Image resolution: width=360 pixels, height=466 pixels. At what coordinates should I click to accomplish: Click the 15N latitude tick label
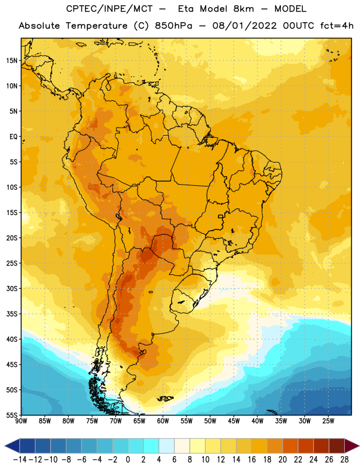coord(12,61)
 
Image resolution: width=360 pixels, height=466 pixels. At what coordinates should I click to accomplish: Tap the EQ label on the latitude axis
coord(13,137)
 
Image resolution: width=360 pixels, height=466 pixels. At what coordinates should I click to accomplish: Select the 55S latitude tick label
coord(12,415)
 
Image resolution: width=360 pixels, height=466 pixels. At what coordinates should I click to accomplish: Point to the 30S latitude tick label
coord(12,288)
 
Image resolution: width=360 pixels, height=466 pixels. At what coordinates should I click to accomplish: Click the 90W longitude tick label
coord(21,421)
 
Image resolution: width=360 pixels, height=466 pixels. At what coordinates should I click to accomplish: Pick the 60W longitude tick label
coord(163,421)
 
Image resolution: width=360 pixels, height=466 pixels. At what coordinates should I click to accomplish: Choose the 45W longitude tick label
coord(234,421)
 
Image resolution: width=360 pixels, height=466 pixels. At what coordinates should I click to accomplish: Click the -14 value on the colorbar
coord(20,460)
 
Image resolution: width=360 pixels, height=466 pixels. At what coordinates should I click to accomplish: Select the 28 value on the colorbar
coord(344,460)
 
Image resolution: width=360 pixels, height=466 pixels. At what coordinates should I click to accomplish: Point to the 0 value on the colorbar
coord(128,460)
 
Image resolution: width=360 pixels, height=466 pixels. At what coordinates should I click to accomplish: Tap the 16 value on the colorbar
coord(252,460)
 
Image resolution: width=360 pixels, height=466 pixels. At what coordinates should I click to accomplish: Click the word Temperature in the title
coord(97,26)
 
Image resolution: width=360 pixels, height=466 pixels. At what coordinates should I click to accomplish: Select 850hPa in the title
coord(174,26)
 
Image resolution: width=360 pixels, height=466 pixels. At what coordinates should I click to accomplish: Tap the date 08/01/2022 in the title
coord(244,26)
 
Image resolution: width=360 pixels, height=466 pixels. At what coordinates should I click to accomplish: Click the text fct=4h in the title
coord(337,26)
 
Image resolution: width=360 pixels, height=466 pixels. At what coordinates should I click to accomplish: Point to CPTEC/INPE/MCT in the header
coord(110,9)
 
